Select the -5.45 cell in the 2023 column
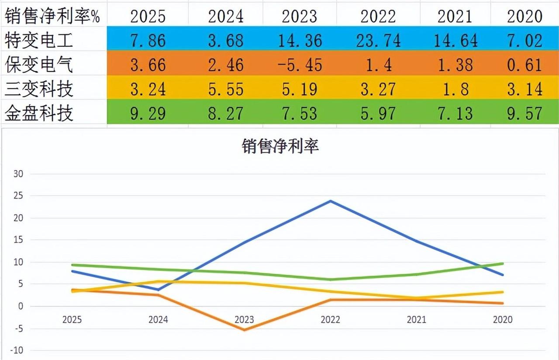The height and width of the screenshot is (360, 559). (x=300, y=65)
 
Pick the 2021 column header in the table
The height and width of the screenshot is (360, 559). (x=455, y=16)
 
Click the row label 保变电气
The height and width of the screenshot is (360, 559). (x=39, y=65)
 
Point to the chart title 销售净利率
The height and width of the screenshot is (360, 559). (x=280, y=146)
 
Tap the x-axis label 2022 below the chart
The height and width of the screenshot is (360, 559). (x=330, y=320)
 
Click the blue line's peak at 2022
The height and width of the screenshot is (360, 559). (x=331, y=201)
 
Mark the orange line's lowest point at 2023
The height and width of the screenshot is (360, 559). (x=244, y=330)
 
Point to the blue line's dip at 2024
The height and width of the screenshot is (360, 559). (x=158, y=290)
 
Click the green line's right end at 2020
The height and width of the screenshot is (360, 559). (x=503, y=263)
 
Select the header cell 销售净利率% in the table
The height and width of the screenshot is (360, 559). (x=52, y=16)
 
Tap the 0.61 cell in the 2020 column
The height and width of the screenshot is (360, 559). (x=524, y=65)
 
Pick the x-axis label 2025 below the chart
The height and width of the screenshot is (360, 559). (x=72, y=320)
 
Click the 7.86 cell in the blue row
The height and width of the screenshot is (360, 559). (x=148, y=41)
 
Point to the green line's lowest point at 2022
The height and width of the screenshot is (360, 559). (x=331, y=280)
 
